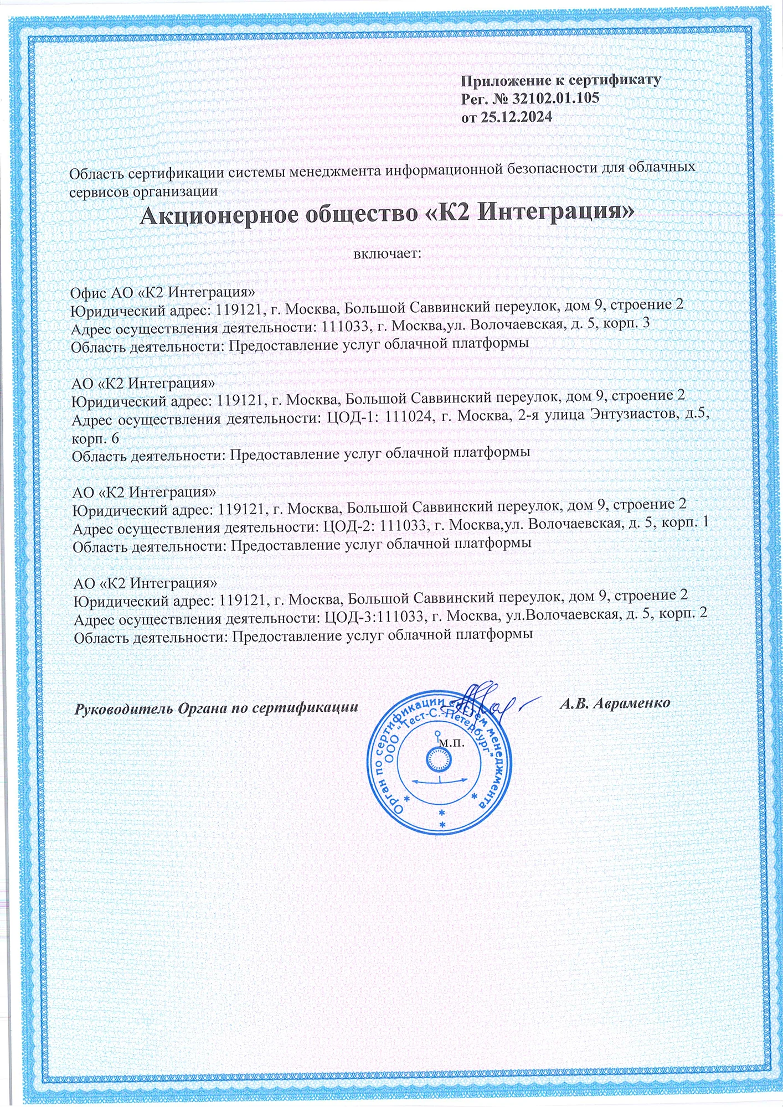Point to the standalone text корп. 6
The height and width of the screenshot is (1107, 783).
pyautogui.click(x=95, y=438)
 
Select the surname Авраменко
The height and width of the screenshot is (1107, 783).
pyautogui.click(x=631, y=703)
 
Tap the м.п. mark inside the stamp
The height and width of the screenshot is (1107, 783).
pyautogui.click(x=451, y=743)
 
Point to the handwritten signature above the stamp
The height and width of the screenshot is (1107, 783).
pyautogui.click(x=487, y=700)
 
